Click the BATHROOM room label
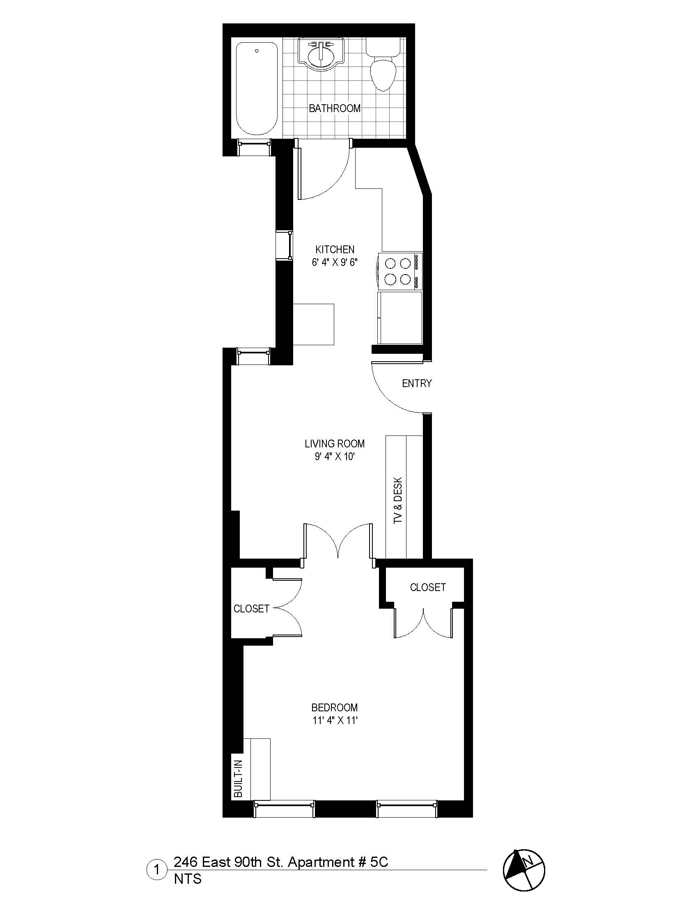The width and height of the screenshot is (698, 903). point(335,108)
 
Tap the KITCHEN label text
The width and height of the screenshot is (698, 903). point(335,250)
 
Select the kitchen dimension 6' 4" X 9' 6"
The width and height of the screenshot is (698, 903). point(335,263)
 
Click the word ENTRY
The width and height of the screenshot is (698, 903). point(416,383)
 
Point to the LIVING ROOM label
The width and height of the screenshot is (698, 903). point(335,444)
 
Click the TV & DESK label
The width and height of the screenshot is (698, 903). point(398,500)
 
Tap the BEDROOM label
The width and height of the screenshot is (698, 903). point(335,708)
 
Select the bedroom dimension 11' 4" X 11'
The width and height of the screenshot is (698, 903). point(335,721)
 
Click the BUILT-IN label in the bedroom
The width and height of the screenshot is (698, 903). point(238,779)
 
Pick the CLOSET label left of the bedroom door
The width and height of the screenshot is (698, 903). point(251,609)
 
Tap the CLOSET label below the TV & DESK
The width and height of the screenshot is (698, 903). point(427,587)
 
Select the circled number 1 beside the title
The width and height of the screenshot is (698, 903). point(156,869)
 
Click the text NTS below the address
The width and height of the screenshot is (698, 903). point(188,879)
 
